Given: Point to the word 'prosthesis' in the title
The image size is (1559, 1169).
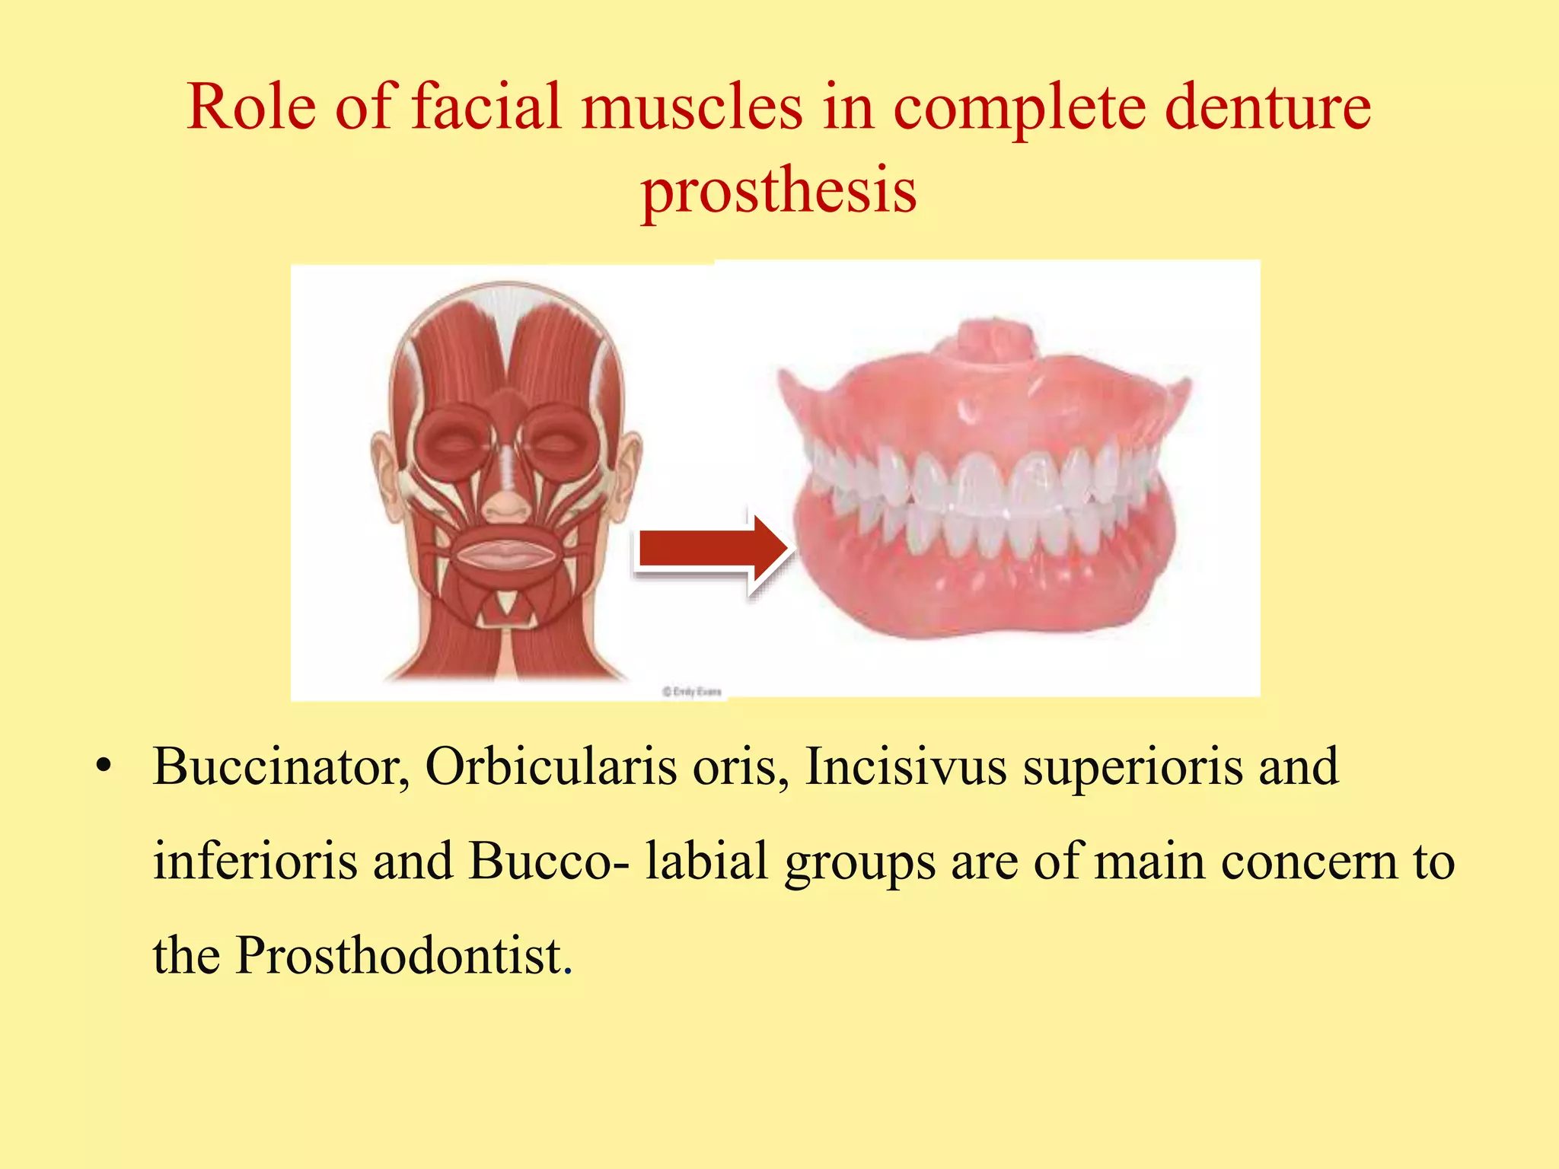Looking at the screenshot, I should [x=779, y=190].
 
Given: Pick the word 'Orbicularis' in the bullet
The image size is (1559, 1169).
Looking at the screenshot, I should [x=550, y=766].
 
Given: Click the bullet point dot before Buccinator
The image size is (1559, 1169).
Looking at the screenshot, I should [x=104, y=766].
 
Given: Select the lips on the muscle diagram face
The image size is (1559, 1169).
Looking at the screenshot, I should [x=506, y=553].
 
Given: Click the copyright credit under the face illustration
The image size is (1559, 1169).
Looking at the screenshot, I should [x=691, y=691].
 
